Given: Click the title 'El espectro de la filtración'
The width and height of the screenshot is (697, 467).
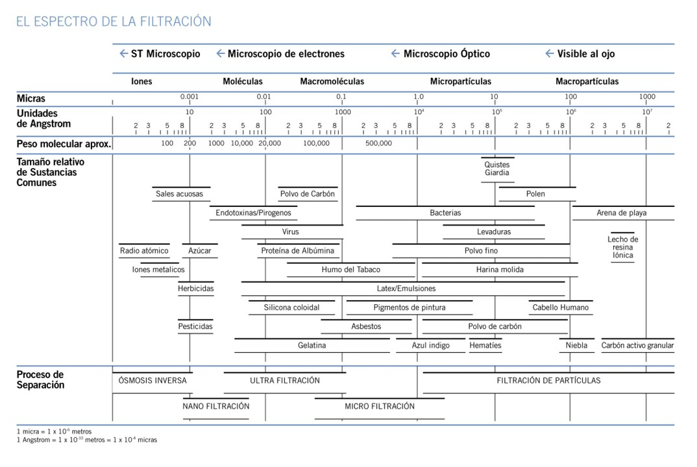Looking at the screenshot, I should [x=114, y=21].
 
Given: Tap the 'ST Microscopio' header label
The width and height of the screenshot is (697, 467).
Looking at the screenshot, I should [x=165, y=54].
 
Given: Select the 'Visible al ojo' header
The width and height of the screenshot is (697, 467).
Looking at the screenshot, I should [x=585, y=54].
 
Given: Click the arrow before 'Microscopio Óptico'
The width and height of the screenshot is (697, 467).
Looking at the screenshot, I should [x=395, y=54].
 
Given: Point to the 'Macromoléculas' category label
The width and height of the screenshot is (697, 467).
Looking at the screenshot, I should [x=332, y=82].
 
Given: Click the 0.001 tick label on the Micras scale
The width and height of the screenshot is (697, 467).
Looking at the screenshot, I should [x=189, y=97].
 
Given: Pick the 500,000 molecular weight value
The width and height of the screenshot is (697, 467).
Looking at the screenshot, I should [x=378, y=143].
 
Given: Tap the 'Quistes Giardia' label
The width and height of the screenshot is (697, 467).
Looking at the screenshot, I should [x=497, y=169].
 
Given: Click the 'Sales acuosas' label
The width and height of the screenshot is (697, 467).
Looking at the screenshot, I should [x=179, y=194].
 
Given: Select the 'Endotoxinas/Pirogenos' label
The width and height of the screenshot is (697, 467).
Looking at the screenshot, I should [x=253, y=213].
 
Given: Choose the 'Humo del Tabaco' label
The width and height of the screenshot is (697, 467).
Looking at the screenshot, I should [x=350, y=270].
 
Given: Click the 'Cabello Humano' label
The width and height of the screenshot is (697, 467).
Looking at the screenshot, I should [x=561, y=307].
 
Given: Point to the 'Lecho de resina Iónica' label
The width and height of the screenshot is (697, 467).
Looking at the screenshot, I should [x=622, y=247].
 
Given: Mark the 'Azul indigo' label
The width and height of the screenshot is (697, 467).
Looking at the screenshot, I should [x=430, y=346].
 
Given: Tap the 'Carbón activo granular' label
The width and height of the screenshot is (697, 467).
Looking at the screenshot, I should [x=637, y=346].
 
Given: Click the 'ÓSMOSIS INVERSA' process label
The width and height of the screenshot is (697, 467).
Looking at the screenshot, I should [x=153, y=381].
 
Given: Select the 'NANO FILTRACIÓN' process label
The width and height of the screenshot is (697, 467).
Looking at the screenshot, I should [x=216, y=406].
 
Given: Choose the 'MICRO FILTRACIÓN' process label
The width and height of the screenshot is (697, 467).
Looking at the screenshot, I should [x=379, y=406].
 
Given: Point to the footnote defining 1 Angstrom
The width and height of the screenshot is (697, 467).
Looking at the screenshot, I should [x=86, y=440].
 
